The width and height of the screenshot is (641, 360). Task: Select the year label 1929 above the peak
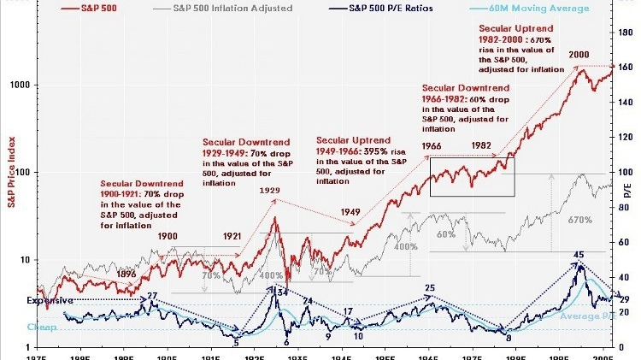271,191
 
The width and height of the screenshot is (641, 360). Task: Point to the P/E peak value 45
579,255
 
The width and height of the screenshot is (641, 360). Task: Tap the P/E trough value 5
236,342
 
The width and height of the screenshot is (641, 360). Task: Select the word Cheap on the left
41,327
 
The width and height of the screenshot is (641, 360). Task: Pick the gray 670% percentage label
579,221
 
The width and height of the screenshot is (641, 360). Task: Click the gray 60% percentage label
445,233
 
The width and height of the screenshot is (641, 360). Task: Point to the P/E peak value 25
430,288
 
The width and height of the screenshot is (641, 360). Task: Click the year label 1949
350,211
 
